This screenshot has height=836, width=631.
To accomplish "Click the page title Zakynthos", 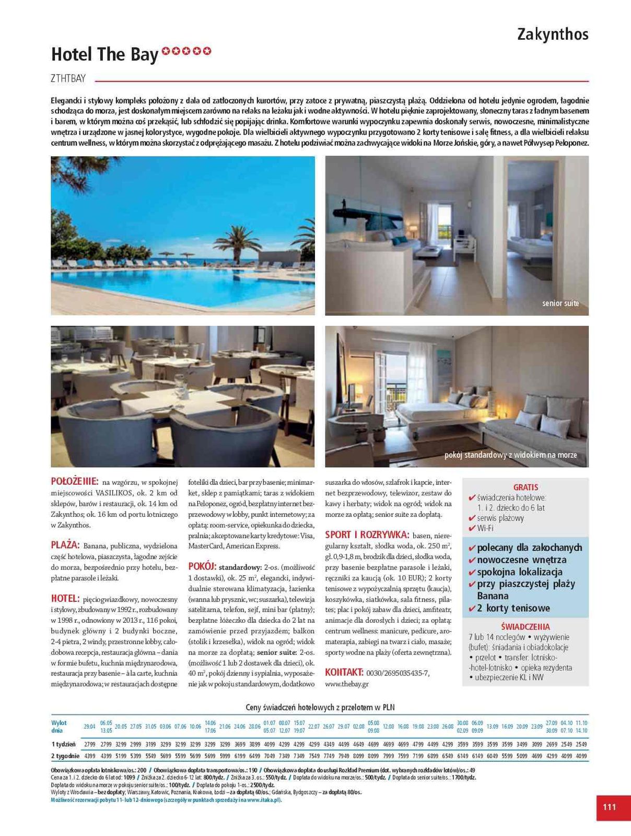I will pos(553,34).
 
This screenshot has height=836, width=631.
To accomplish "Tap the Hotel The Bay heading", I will pos(104,54).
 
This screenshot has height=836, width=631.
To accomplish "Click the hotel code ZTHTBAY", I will pos(68,79).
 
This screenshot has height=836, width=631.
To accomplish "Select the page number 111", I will pos(609,807).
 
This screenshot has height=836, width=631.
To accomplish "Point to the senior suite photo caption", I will pos(560,303).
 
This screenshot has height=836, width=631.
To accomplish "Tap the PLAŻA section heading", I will pos(65,545).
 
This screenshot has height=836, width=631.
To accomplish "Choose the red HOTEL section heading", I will pos(65,598).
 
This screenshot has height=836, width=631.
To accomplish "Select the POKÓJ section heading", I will pos(202,566).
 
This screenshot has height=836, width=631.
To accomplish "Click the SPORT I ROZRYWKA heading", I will pos(367,535).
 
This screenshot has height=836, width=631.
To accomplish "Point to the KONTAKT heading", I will pos(344,672).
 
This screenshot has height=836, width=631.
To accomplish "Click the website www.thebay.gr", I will pos(347,683).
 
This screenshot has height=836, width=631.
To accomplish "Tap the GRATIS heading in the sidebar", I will pos(525,487).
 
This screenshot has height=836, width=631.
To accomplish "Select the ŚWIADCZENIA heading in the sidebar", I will pos(525,626).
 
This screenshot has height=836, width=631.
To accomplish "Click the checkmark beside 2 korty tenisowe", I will pos(472,608).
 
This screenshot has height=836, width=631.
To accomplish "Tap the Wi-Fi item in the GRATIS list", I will pos(485,528).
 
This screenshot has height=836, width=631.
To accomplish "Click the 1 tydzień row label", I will pos(63,744).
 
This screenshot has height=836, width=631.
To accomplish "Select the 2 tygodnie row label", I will pos(65,756).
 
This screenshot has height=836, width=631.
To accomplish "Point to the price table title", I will pos(320,707).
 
